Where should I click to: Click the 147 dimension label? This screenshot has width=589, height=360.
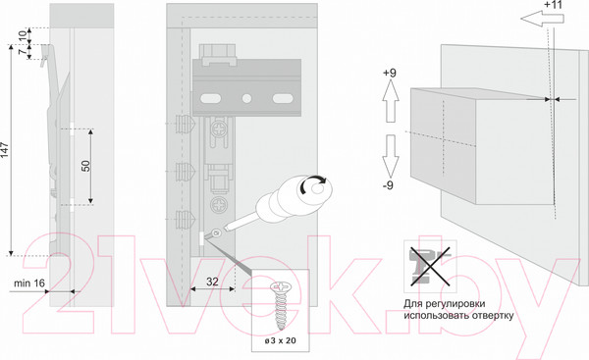click(x=4, y=150)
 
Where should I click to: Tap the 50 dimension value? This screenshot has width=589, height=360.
click(x=86, y=166)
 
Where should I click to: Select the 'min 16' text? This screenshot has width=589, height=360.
click(x=29, y=283)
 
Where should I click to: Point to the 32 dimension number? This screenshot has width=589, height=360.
click(x=212, y=282)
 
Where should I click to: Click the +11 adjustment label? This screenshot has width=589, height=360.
click(x=553, y=5)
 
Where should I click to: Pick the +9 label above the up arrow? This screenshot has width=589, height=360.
click(x=390, y=73)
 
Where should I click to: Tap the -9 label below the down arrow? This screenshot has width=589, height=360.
click(x=388, y=185)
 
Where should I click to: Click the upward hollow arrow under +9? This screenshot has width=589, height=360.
click(x=391, y=101)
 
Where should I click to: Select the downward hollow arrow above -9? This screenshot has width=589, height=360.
click(x=391, y=156)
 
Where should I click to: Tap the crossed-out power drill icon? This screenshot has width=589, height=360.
click(x=430, y=267)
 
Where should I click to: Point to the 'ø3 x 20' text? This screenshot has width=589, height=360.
click(x=280, y=340)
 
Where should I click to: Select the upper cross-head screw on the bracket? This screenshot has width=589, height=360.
click(x=219, y=129)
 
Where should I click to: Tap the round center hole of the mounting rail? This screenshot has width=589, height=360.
click(x=246, y=99)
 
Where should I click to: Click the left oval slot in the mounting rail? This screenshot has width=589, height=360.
click(x=211, y=99)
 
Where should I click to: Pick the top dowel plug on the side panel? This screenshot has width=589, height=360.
click(x=186, y=124)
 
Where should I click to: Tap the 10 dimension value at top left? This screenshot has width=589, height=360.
click(x=24, y=36)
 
